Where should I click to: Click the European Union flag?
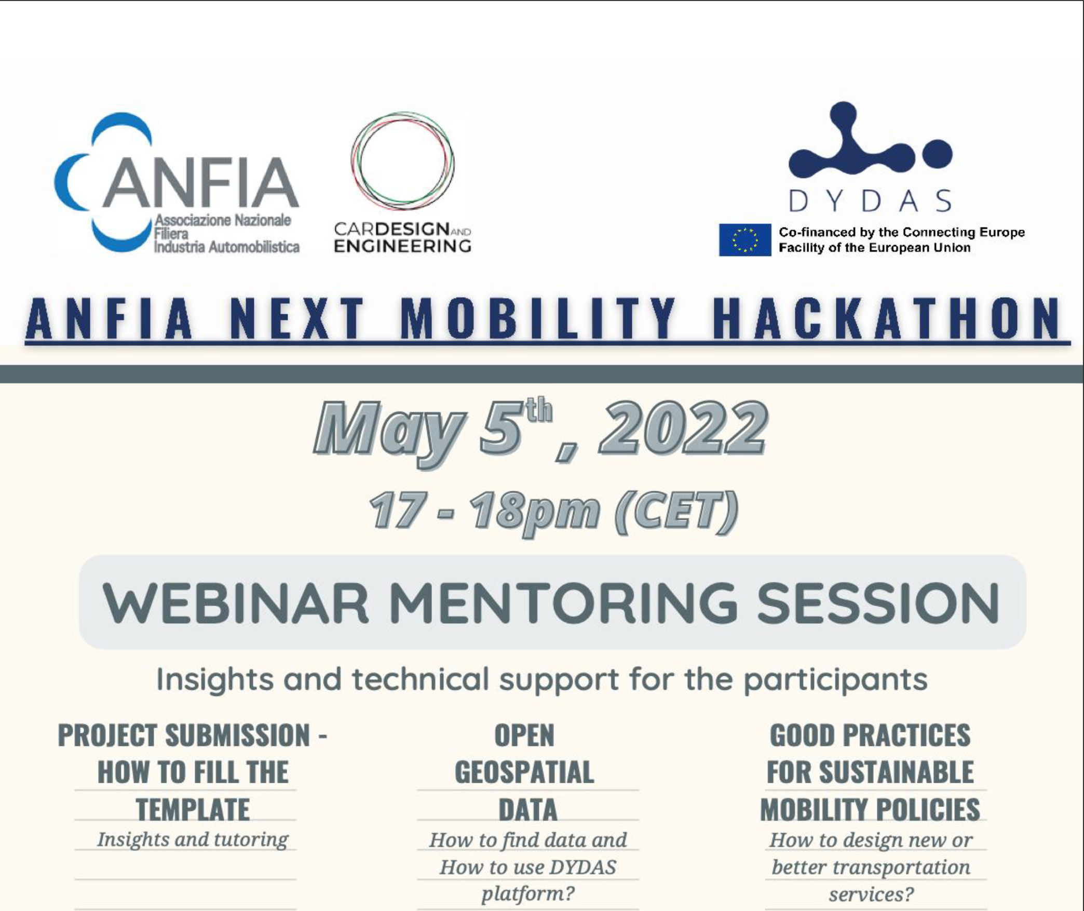point(744,239)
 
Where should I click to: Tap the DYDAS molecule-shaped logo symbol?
point(870,140)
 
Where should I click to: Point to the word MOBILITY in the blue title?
point(538,318)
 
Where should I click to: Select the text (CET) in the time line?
point(676,511)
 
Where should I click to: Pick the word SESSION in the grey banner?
point(878,602)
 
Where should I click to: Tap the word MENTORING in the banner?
point(563,602)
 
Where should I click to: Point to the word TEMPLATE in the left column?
point(193,810)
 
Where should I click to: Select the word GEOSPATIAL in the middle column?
point(524,772)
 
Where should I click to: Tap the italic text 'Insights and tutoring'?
point(193,840)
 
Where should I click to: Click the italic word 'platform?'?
point(528,894)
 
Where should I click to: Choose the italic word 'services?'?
point(871,894)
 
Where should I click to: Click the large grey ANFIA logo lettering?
point(200,182)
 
